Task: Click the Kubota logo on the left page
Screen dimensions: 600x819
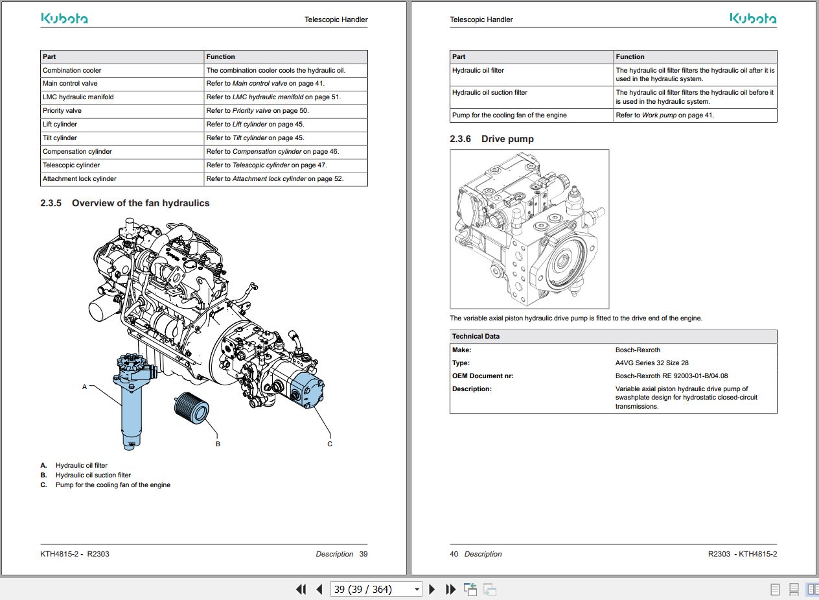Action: click(65, 19)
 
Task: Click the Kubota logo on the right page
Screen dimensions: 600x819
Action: click(753, 19)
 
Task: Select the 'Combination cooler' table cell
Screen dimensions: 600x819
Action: click(72, 70)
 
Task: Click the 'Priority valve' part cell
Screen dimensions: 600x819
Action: click(62, 111)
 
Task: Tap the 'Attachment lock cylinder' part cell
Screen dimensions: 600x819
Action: click(80, 178)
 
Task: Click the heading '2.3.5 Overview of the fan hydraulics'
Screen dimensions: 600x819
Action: click(125, 203)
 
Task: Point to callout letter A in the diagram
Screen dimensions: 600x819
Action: click(84, 387)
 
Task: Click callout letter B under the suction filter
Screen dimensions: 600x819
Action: click(218, 444)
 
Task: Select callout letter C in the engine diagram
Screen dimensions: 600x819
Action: click(330, 444)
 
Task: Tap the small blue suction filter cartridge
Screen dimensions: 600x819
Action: click(190, 409)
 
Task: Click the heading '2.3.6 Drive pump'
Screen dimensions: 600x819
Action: click(492, 139)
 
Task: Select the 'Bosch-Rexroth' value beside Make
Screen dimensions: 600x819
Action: click(638, 350)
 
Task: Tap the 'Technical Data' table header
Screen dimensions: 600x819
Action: click(476, 336)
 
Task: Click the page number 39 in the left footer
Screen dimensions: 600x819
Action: click(363, 554)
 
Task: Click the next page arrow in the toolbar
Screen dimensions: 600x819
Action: click(432, 589)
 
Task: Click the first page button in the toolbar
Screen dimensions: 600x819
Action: click(301, 589)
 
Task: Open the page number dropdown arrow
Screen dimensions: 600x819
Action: click(416, 590)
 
